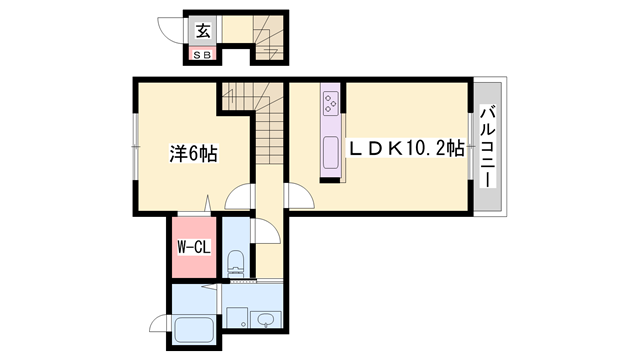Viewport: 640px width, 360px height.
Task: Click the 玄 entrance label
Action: [x=202, y=31]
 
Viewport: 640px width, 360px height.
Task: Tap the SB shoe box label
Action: [x=202, y=55]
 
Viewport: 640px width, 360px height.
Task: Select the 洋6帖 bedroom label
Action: [x=193, y=153]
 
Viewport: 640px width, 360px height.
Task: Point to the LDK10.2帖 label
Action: [x=405, y=148]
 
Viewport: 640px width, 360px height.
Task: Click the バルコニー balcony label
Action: [x=488, y=146]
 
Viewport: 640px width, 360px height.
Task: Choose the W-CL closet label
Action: [x=194, y=247]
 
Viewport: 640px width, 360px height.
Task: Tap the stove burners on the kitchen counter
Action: [x=330, y=103]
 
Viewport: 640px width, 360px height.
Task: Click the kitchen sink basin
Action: [x=331, y=152]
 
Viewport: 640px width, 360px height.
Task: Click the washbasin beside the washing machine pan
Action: [x=266, y=320]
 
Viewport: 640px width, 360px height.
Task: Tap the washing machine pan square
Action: [x=237, y=317]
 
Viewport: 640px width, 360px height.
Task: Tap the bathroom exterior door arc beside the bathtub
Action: [x=157, y=322]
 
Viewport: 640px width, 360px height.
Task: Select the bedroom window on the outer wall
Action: [x=135, y=146]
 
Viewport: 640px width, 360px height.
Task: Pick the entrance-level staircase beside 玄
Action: [x=268, y=37]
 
